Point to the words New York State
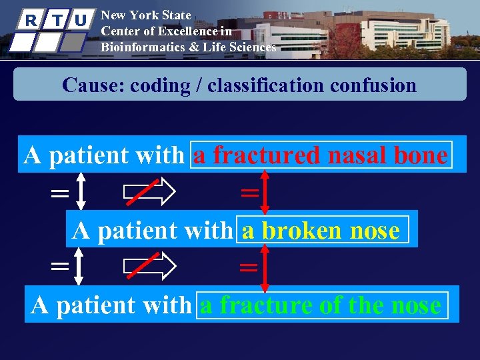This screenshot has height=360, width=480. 145,15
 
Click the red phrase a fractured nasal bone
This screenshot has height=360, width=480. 320,155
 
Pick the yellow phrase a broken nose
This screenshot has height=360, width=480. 321,231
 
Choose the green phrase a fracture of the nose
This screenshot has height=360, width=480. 321,306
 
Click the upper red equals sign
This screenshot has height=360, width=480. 249,193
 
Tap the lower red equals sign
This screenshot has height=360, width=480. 249,268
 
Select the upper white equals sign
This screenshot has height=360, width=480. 59,193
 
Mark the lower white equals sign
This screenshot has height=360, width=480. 59,267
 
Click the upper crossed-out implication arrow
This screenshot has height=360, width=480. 149,193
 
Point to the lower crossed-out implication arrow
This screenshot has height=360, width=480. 149,267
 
